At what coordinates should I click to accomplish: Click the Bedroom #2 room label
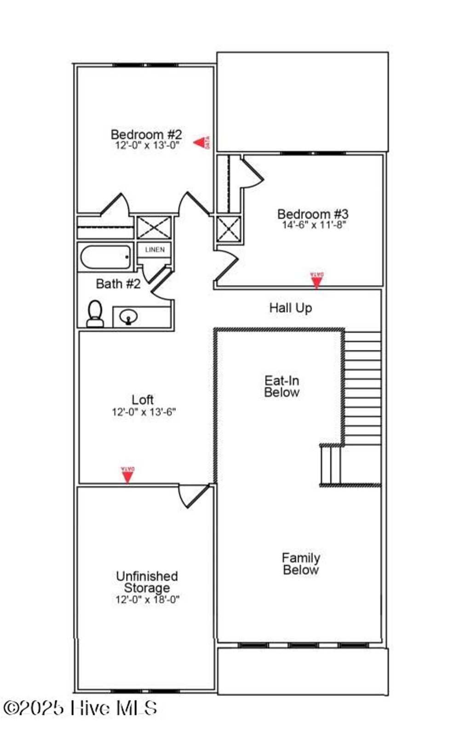pyautogui.click(x=146, y=135)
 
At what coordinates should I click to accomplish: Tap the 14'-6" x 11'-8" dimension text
pyautogui.click(x=314, y=225)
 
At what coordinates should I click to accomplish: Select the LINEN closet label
pyautogui.click(x=155, y=250)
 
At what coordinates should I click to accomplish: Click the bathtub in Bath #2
pyautogui.click(x=106, y=258)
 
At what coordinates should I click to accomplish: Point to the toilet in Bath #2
pyautogui.click(x=95, y=314)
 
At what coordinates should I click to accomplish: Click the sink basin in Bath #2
pyautogui.click(x=128, y=317)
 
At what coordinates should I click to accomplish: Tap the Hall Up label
pyautogui.click(x=290, y=308)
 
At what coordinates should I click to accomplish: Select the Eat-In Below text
pyautogui.click(x=281, y=386)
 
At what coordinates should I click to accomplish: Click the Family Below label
pyautogui.click(x=301, y=564)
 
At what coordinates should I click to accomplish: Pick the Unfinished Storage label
pyautogui.click(x=147, y=582)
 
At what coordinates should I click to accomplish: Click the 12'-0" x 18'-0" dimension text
pyautogui.click(x=147, y=600)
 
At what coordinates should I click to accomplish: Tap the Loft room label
pyautogui.click(x=143, y=400)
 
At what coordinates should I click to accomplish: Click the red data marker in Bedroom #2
pyautogui.click(x=201, y=142)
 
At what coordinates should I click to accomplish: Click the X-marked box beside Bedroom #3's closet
pyautogui.click(x=228, y=229)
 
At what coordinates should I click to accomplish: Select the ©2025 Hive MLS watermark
pyautogui.click(x=80, y=708)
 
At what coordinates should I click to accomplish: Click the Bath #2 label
pyautogui.click(x=118, y=284)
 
